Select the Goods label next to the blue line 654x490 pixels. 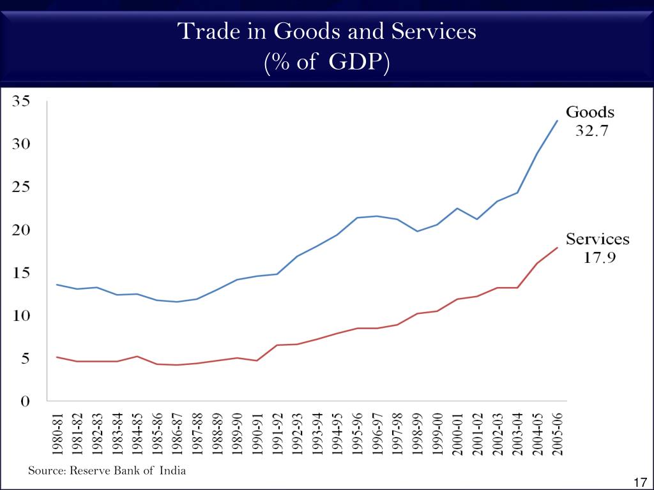click(589, 113)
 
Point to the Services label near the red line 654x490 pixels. click(597, 240)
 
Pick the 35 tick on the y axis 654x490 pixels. click(21, 101)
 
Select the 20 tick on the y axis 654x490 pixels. click(21, 230)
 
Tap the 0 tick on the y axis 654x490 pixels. click(26, 402)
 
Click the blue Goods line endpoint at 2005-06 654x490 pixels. click(557, 121)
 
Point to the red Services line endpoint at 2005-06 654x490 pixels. click(557, 248)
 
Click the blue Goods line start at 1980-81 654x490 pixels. click(57, 285)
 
